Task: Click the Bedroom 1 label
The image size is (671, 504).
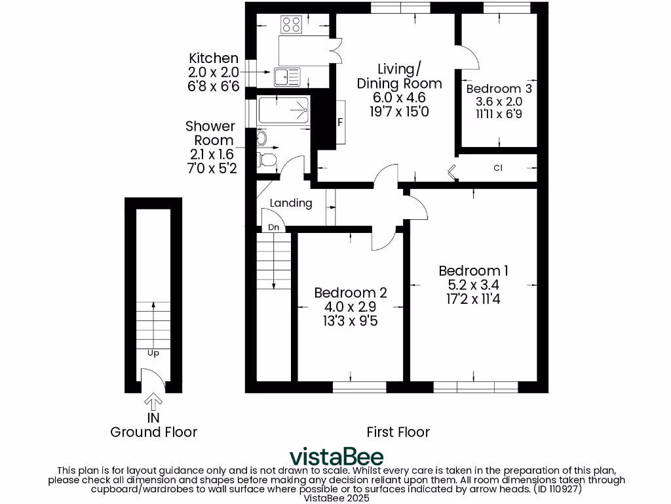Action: [473, 270]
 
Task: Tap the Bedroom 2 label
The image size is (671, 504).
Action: [351, 293]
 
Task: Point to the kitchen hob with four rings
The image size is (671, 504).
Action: [291, 25]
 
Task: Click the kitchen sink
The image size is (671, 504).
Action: [288, 77]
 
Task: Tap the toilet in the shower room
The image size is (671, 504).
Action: [268, 159]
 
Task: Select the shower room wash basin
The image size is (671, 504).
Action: [262, 138]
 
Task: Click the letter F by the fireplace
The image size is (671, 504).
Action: [340, 122]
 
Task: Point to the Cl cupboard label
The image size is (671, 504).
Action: [498, 168]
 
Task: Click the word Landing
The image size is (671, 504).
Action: [291, 203]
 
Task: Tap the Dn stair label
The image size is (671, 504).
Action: [274, 227]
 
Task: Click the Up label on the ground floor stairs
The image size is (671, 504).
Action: [153, 352]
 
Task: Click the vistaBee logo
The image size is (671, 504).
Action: [337, 456]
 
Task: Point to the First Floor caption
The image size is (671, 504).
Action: [398, 432]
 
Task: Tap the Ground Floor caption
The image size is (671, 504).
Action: [153, 432]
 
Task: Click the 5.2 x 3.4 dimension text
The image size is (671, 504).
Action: [473, 285]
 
